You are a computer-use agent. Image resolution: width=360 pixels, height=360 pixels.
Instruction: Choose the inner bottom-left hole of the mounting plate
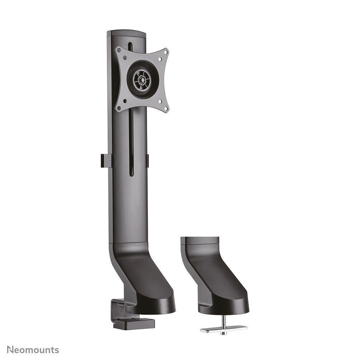124,101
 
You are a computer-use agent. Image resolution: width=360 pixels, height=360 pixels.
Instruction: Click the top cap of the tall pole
126,33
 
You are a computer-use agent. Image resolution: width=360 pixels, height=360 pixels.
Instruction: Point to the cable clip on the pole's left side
106,161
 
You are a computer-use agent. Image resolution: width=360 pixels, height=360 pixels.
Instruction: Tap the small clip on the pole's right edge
147,161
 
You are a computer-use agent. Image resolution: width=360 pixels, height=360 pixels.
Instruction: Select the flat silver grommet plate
223,328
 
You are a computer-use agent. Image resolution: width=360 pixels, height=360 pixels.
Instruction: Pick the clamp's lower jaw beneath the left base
133,324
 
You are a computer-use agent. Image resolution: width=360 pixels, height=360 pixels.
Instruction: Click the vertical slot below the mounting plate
131,143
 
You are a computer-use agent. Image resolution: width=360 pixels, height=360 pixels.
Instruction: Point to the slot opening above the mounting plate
130,47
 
